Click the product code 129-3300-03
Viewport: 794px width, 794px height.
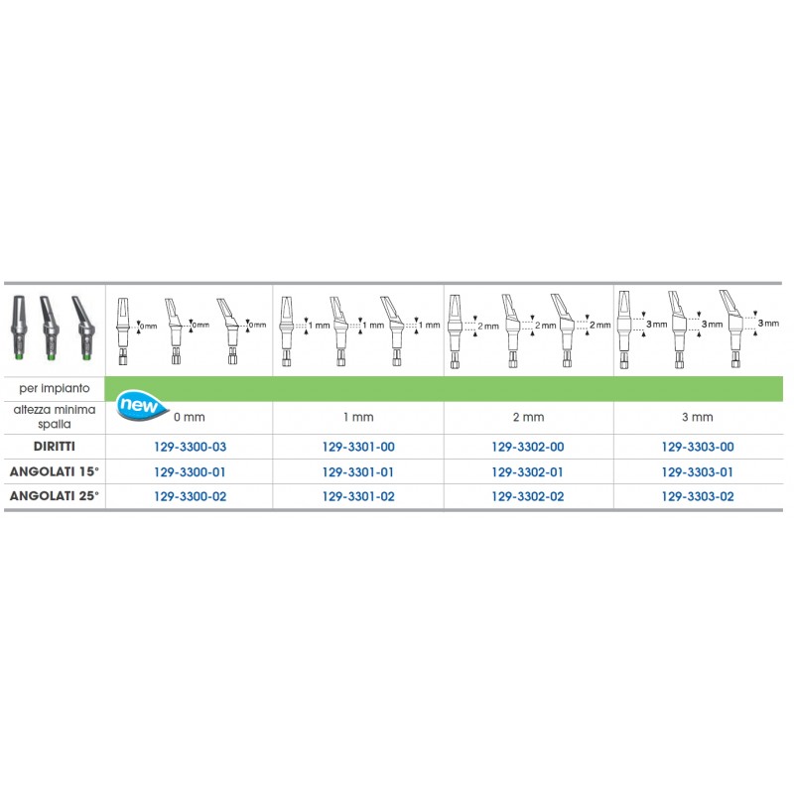(x=190, y=447)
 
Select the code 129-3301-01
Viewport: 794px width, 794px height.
(x=358, y=472)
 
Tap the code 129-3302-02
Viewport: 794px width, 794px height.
(x=528, y=497)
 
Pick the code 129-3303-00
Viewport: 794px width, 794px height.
(x=698, y=447)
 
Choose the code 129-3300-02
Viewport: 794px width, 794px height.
(x=190, y=497)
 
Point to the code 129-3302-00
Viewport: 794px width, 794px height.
(x=528, y=447)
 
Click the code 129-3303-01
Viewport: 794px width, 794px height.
(x=698, y=472)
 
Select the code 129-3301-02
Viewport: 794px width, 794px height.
(x=358, y=497)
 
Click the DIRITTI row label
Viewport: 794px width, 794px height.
(x=55, y=446)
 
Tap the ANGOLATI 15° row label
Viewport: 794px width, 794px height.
(x=55, y=471)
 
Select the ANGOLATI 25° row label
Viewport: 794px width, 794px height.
(x=55, y=495)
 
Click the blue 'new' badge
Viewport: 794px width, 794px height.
(x=141, y=405)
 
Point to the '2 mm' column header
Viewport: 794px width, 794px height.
(x=528, y=417)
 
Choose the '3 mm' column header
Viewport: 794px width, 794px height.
(x=698, y=417)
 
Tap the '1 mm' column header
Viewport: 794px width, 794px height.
(x=358, y=417)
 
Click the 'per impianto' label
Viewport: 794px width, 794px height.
(x=55, y=388)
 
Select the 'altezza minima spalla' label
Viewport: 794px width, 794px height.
(x=55, y=417)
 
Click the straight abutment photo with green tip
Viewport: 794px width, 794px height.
(x=19, y=328)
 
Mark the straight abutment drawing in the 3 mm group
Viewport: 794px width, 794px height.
(x=624, y=330)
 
